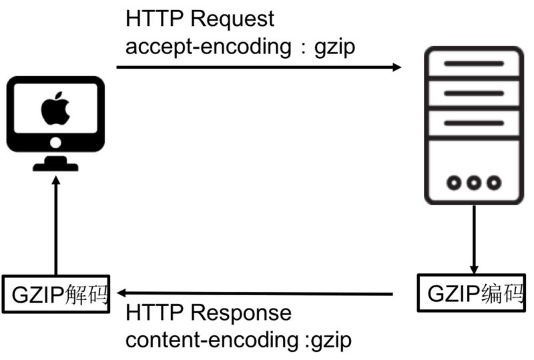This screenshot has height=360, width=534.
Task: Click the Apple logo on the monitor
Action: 55,110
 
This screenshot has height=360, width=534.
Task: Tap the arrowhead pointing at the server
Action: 397,67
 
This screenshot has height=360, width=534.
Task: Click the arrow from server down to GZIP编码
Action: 474,237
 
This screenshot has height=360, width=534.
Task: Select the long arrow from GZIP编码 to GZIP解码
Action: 254,293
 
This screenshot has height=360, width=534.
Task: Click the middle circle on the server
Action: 474,182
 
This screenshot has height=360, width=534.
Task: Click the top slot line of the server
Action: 473,64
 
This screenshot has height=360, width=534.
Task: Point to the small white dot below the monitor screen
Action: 55,142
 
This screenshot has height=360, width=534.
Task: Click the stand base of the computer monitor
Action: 55,165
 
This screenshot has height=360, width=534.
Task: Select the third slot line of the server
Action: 473,122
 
